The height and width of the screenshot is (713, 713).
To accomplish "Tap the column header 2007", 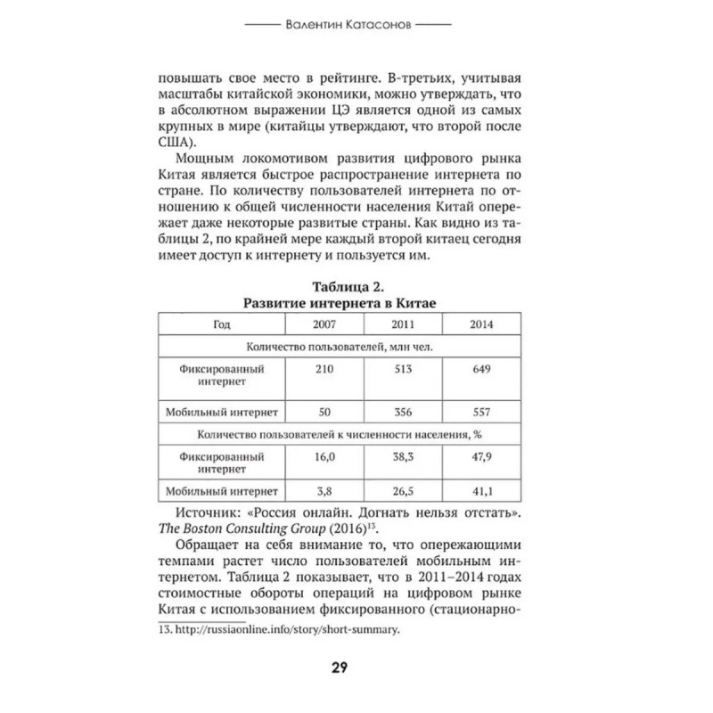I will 324,324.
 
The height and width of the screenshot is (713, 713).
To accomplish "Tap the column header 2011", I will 405,324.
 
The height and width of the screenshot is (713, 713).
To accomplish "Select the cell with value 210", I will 323,367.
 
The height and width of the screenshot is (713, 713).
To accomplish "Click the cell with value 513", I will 404,367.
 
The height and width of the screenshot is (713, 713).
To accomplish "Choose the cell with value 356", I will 404,412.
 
